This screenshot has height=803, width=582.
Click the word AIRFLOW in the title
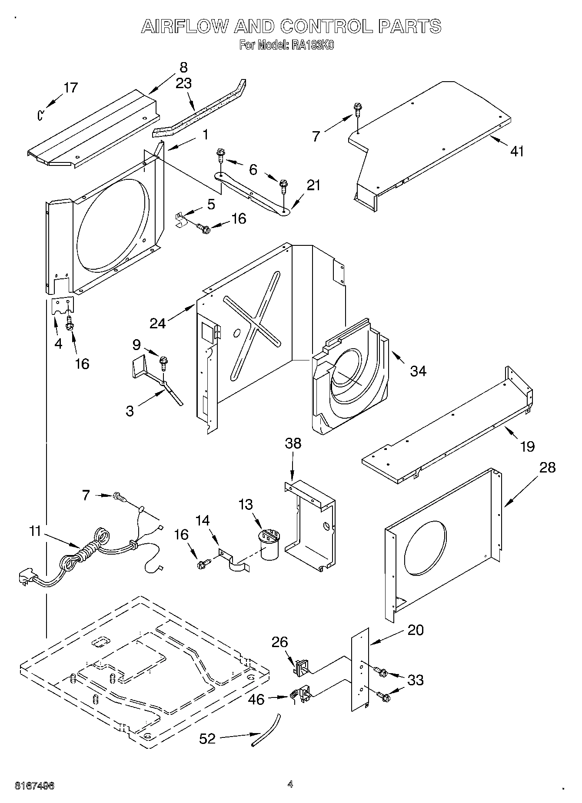(x=185, y=26)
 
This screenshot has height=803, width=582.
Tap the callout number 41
(x=517, y=151)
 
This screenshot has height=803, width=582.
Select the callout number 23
(x=183, y=83)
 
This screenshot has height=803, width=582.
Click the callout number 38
(x=293, y=443)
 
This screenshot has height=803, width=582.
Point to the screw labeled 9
(x=164, y=363)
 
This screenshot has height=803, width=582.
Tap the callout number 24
(x=158, y=323)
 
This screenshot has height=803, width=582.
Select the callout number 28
(x=547, y=468)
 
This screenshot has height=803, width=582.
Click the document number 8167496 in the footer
(x=34, y=786)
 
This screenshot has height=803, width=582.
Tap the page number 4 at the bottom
(x=290, y=784)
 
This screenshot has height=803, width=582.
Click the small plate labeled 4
(x=62, y=305)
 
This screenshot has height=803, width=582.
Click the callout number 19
(x=527, y=446)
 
